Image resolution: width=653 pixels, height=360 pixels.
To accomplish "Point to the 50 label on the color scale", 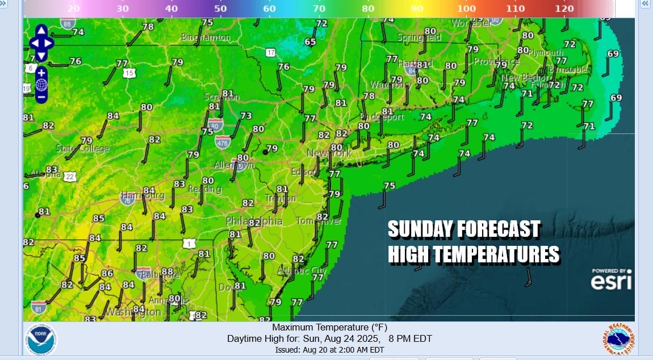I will [220, 9].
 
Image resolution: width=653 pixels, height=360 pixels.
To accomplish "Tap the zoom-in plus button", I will [41, 73].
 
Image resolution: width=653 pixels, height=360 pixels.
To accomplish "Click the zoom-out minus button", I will [41, 97].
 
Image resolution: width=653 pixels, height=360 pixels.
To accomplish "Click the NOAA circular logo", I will [41, 340].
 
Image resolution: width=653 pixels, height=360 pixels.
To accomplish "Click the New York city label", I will [329, 153].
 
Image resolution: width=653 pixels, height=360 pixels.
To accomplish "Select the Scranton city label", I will [221, 97].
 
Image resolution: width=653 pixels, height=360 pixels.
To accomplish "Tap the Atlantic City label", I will [302, 271].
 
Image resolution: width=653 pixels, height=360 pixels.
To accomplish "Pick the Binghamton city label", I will [206, 37].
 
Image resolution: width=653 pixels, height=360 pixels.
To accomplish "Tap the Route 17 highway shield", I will [270, 52].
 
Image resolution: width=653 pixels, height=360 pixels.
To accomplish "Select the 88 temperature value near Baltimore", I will [166, 272].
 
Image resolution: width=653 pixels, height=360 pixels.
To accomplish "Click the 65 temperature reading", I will [310, 42].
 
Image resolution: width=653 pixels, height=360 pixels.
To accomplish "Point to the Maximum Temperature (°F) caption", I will [329, 328].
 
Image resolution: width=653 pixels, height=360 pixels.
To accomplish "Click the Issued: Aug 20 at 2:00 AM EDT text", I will [329, 350].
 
